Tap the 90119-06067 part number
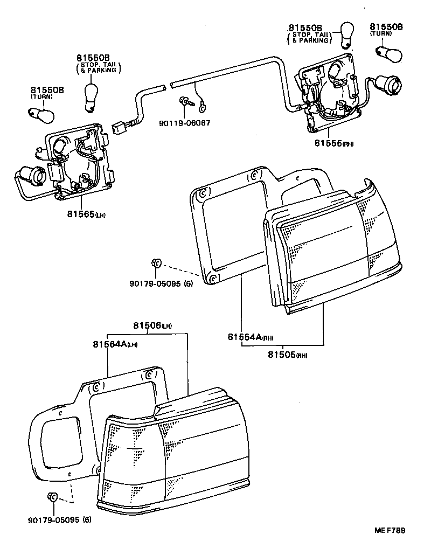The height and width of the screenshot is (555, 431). [185, 123]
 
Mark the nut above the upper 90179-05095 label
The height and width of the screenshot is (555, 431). [155, 263]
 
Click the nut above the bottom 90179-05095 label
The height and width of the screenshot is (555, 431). [53, 497]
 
